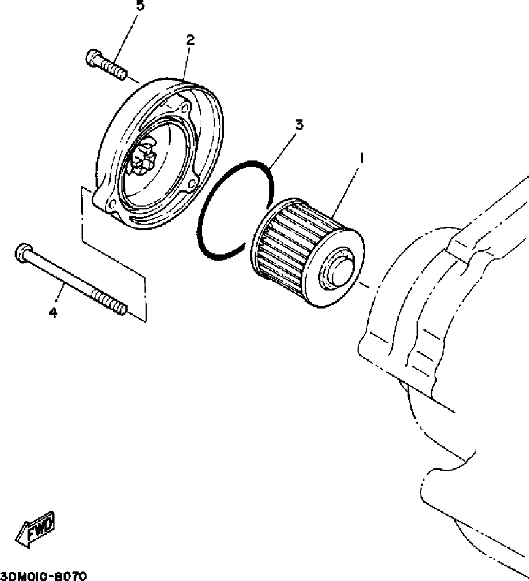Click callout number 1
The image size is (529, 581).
click(361, 159)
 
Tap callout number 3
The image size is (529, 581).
click(299, 124)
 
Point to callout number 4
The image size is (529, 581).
click(53, 313)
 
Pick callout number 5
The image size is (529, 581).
click(140, 6)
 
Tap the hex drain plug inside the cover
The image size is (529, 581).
click(140, 158)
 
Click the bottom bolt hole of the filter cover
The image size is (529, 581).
click(112, 205)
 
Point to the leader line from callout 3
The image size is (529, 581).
click(284, 149)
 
